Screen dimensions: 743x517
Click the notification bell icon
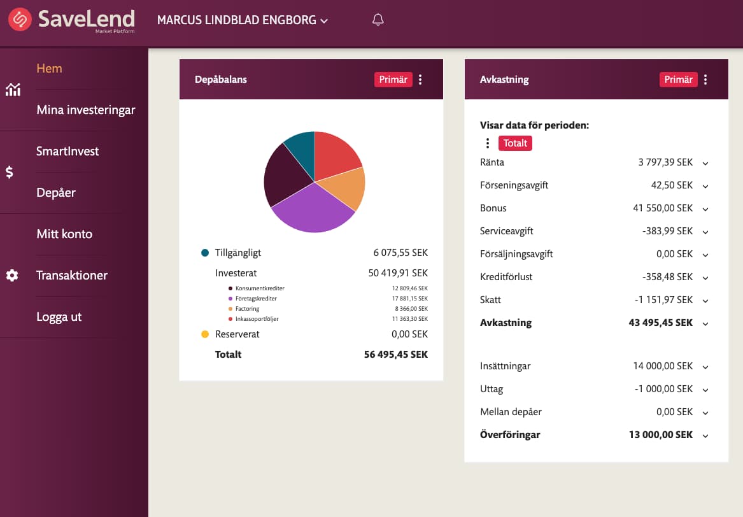tap(378, 20)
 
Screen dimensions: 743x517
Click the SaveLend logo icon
tap(20, 20)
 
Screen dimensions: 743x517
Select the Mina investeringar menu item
tap(86, 110)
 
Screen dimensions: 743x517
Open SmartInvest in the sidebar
tap(67, 151)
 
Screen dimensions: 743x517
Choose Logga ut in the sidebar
tap(59, 316)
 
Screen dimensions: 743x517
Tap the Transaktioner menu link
tap(72, 275)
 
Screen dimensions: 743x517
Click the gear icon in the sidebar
tap(12, 275)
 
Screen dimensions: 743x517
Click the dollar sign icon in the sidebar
tap(10, 172)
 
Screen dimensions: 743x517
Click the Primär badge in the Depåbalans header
tap(393, 79)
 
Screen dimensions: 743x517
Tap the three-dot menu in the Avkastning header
tap(705, 80)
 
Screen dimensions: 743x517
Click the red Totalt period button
tap(515, 143)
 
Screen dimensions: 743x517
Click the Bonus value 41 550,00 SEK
tap(663, 208)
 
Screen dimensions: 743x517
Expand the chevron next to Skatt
tap(705, 301)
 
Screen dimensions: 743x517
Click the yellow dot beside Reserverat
tap(205, 334)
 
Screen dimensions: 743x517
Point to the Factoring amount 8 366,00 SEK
tap(411, 309)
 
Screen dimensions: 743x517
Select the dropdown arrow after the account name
tap(324, 21)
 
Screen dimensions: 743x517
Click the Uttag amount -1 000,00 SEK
tap(663, 389)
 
